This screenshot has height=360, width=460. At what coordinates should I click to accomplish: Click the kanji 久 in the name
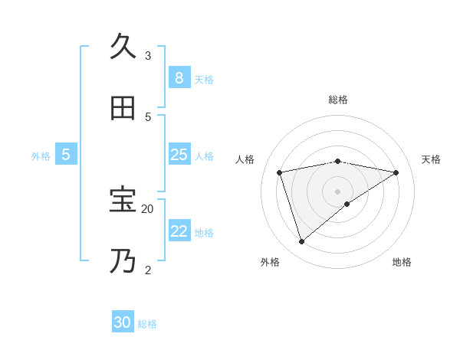tap(123, 47)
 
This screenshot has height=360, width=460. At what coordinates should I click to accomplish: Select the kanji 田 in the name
tap(123, 108)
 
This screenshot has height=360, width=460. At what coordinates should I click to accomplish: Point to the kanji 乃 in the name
tap(123, 261)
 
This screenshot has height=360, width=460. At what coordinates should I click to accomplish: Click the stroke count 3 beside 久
tap(148, 55)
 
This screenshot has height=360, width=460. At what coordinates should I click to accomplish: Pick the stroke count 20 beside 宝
tap(147, 208)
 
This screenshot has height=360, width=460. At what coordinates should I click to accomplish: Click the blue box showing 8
tap(179, 78)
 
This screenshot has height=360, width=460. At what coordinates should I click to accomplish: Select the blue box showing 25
tap(179, 155)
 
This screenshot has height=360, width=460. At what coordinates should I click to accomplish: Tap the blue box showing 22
tap(179, 231)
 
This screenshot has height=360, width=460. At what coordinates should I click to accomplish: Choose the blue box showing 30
tap(123, 322)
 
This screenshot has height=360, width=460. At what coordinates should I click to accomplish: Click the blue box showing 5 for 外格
tap(66, 155)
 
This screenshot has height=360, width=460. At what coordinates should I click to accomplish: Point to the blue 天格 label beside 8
tap(204, 79)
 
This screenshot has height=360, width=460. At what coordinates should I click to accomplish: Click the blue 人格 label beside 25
tap(204, 155)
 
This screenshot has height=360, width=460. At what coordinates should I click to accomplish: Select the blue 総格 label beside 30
tap(147, 323)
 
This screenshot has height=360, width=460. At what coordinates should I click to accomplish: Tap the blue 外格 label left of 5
tap(41, 155)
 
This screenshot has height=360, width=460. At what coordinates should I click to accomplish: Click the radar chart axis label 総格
tap(337, 100)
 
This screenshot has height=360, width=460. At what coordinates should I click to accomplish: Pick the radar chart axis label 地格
tap(402, 262)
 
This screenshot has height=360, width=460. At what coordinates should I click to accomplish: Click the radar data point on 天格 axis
tap(396, 172)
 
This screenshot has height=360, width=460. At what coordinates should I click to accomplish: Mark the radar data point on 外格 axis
tap(301, 241)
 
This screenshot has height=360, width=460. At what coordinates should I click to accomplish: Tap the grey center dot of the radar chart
tap(337, 191)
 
